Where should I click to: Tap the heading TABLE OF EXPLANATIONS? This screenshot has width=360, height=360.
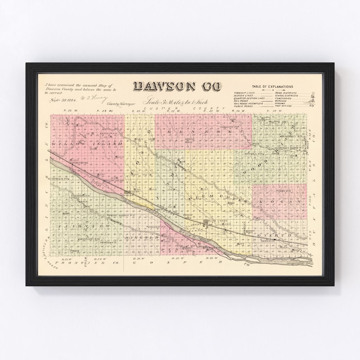(x=273, y=86)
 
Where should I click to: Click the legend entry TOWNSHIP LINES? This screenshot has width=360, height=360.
(x=243, y=92)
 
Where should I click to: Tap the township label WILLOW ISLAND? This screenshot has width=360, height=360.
(x=87, y=144)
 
